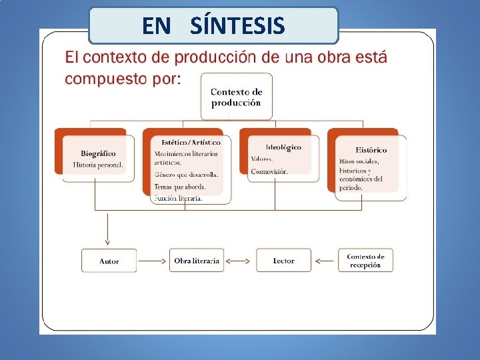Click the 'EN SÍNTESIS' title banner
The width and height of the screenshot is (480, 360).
click(213, 25)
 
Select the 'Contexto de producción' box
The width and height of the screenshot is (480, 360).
click(237, 97)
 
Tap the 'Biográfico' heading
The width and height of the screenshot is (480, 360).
click(98, 153)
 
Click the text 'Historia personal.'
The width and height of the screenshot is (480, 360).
click(98, 165)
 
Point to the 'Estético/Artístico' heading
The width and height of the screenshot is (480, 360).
click(191, 142)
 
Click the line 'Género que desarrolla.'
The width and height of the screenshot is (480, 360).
click(186, 175)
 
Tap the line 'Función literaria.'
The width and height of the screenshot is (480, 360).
click(178, 198)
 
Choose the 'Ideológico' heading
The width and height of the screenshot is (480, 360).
click(283, 147)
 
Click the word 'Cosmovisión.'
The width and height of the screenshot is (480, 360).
click(269, 171)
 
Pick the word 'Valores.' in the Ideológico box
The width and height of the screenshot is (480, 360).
click(262, 159)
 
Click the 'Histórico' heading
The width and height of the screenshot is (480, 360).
click(371, 150)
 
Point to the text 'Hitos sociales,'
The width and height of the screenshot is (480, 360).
click(359, 161)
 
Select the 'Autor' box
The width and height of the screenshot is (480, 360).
click(109, 261)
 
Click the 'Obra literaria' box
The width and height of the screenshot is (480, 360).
click(196, 261)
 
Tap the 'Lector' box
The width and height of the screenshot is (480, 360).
click(283, 261)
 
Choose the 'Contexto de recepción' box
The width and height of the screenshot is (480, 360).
click(365, 261)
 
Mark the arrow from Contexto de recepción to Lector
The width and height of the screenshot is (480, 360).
click(326, 261)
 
